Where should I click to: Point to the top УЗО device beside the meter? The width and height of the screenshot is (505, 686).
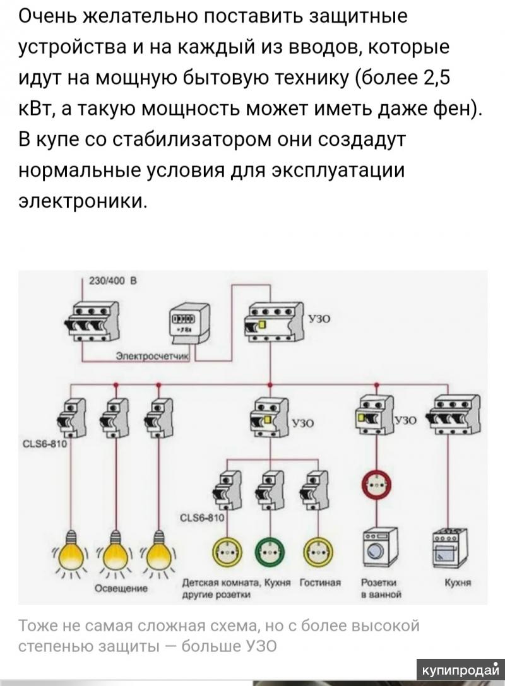[x=272, y=321]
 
